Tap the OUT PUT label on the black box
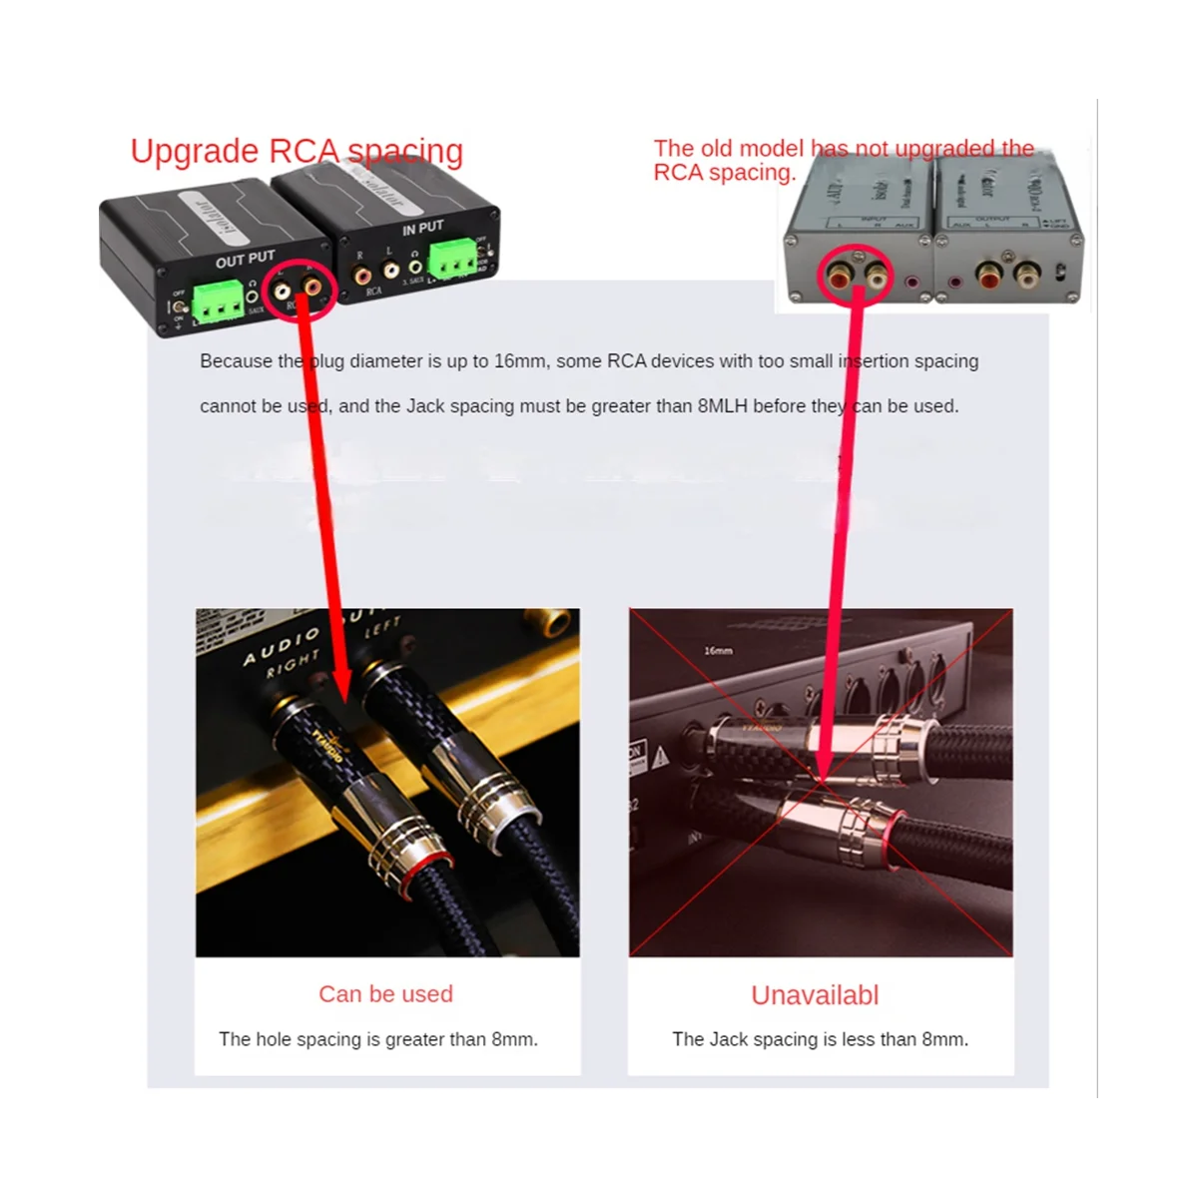click(245, 259)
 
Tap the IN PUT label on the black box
click(422, 229)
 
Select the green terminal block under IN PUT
click(452, 263)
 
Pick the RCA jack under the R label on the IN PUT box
click(363, 271)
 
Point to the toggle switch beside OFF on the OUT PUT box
click(180, 309)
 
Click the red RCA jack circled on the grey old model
click(835, 273)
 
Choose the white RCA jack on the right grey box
click(1025, 273)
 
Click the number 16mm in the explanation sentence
click(519, 361)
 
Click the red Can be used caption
click(385, 993)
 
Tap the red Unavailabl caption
click(815, 995)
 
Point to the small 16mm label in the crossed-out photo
click(718, 651)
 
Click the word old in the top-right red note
click(719, 149)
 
